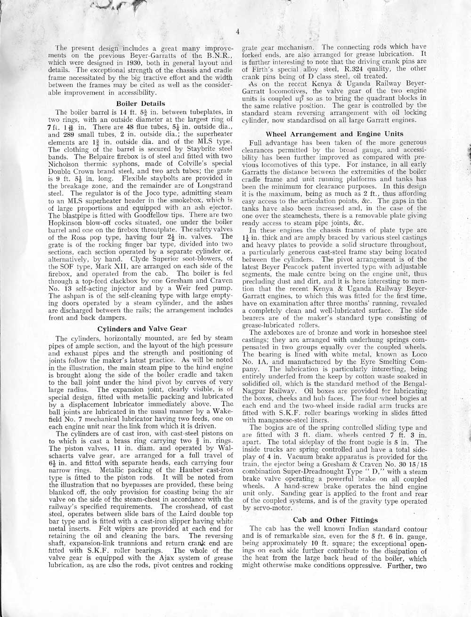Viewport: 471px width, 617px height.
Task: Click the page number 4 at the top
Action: click(x=239, y=32)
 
